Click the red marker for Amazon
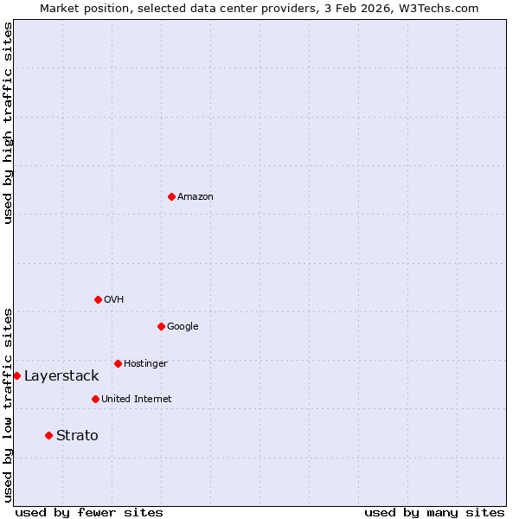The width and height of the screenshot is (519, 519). click(x=171, y=196)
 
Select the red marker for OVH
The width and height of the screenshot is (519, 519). click(x=98, y=299)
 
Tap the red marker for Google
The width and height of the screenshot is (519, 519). click(x=161, y=326)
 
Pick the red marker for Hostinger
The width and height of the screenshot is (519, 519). click(x=118, y=363)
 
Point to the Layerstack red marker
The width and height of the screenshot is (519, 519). click(x=16, y=375)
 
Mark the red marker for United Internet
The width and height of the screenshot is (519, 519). click(x=95, y=399)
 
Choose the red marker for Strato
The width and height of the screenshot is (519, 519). click(x=48, y=435)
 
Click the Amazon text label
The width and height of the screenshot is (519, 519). click(x=195, y=196)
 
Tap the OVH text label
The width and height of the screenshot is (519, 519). click(x=114, y=299)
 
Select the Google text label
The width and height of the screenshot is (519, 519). click(x=183, y=326)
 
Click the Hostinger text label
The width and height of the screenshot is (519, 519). click(x=145, y=363)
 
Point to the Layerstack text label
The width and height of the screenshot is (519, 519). click(x=61, y=375)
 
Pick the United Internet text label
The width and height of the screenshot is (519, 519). click(x=137, y=399)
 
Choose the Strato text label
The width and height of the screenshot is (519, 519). click(x=77, y=435)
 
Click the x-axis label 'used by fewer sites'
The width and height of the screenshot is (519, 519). click(x=89, y=512)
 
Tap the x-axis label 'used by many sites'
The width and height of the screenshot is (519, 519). click(x=434, y=512)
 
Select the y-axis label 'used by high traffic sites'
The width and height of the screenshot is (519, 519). click(x=8, y=123)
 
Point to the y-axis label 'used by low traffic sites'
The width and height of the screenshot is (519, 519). click(x=8, y=405)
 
